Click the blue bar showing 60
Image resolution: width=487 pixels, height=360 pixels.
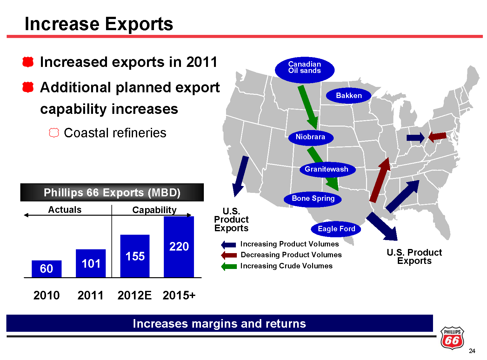coord(47,269)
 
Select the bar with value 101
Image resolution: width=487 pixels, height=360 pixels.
coord(91,263)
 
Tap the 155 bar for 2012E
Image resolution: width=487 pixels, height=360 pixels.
coord(135,256)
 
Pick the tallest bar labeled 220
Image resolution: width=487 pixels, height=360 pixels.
coord(179,246)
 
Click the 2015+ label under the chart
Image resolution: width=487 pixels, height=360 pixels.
coord(179,295)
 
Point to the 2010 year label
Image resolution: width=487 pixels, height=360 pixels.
coord(47,295)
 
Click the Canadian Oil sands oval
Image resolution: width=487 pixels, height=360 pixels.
coord(304,70)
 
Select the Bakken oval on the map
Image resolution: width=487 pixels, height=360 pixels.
coord(349,95)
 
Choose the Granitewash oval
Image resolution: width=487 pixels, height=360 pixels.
coord(327,169)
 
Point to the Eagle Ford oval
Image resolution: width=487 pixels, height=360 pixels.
coord(336,229)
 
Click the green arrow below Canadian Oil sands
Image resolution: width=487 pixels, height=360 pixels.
coord(308,107)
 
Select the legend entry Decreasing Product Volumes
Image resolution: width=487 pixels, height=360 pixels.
coord(281,255)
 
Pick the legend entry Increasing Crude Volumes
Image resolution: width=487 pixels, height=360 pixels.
coord(277,266)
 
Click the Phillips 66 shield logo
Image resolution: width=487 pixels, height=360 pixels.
coord(452,337)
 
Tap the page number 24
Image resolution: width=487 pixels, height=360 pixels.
coord(472,351)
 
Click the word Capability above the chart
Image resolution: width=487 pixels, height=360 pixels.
coord(154,210)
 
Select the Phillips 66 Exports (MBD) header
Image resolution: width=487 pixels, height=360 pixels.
coord(112,193)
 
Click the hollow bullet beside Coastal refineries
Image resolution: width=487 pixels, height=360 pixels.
coord(54,133)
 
